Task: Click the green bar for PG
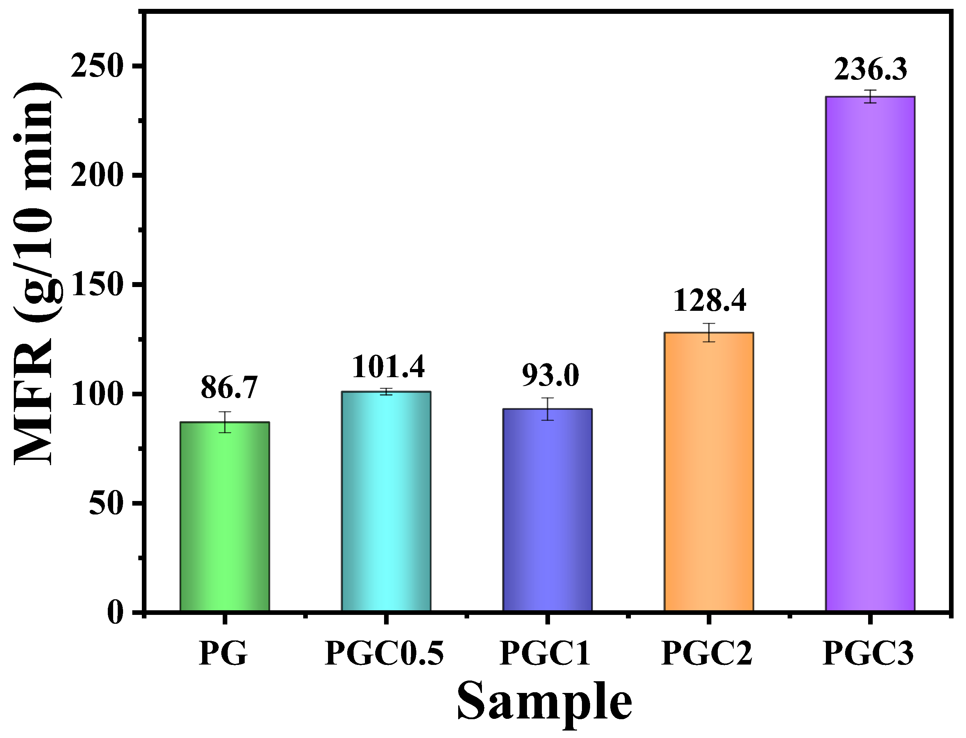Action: (225, 516)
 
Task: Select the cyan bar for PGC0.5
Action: (386, 501)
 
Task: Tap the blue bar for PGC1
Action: (547, 510)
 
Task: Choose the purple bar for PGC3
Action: (870, 354)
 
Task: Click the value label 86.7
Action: (229, 388)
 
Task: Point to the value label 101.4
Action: (388, 367)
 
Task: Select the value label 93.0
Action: (550, 376)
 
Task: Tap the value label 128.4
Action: (710, 301)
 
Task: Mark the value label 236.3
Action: (870, 70)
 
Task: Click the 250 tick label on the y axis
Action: (96, 67)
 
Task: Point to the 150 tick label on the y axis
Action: (96, 286)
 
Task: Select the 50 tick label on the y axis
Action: (105, 504)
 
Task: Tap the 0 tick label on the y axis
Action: (115, 613)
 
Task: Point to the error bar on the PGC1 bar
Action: (547, 409)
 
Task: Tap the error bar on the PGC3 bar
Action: (870, 96)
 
